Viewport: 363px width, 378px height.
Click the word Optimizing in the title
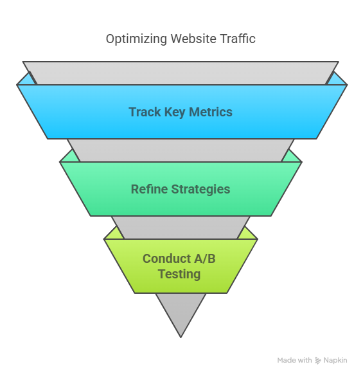[136, 39]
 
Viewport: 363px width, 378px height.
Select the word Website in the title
[193, 39]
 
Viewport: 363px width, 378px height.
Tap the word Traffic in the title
[238, 39]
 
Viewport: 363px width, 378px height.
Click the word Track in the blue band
[145, 112]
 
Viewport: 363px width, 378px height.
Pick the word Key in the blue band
[175, 113]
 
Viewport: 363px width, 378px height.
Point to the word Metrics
[211, 112]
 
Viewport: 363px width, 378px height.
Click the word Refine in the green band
[149, 189]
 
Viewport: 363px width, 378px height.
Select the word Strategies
[200, 190]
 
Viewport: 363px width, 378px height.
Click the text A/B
[205, 258]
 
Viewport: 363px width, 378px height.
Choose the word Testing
[179, 274]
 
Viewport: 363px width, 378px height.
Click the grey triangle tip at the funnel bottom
[181, 337]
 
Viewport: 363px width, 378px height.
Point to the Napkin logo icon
[318, 361]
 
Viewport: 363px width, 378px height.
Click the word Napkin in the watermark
[335, 361]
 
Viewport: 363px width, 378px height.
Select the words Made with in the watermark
[294, 360]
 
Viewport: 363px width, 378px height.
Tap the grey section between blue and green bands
[181, 150]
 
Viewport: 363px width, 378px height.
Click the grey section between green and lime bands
[181, 228]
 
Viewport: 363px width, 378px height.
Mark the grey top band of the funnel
[181, 73]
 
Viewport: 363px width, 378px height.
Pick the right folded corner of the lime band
[249, 234]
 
